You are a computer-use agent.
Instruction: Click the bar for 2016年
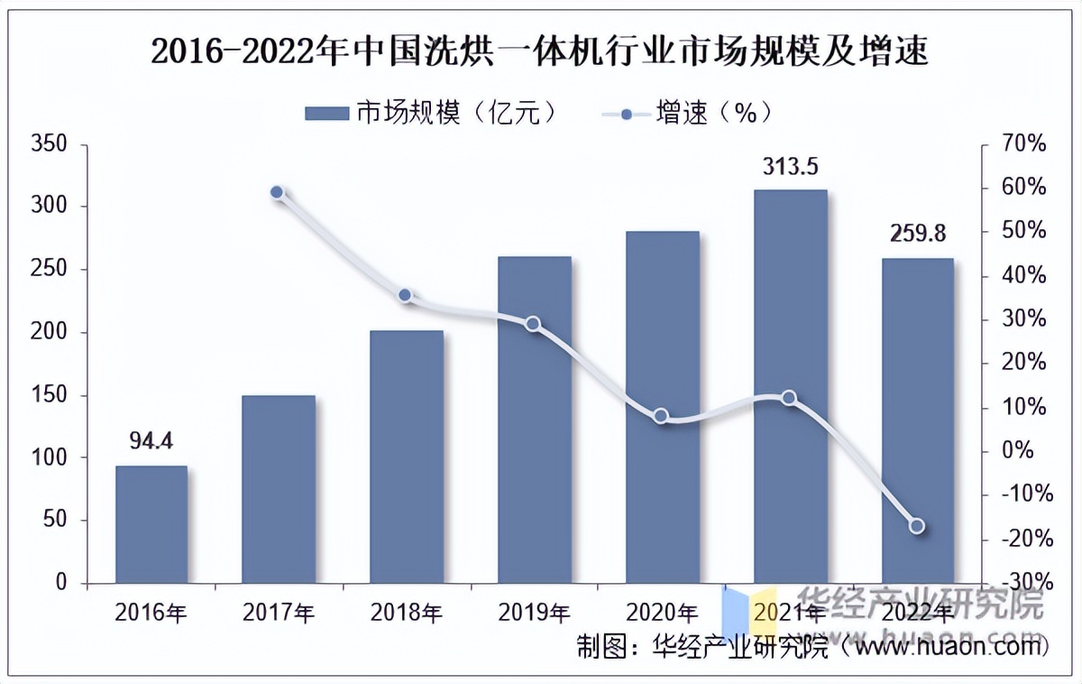click(151, 524)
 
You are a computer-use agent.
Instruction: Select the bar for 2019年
click(534, 420)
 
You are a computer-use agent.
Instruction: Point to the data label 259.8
click(917, 234)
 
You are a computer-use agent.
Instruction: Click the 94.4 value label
click(151, 441)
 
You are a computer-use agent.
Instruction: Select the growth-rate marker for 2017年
click(278, 192)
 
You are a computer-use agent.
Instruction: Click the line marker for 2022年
click(917, 526)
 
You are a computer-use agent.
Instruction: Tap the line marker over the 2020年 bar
click(662, 416)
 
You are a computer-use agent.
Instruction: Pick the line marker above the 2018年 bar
click(405, 295)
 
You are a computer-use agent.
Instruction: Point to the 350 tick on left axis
click(49, 144)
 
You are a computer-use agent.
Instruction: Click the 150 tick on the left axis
click(49, 395)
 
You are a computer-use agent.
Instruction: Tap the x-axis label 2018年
click(406, 614)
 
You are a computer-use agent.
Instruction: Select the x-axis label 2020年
click(661, 614)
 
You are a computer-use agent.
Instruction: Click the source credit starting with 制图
click(811, 646)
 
